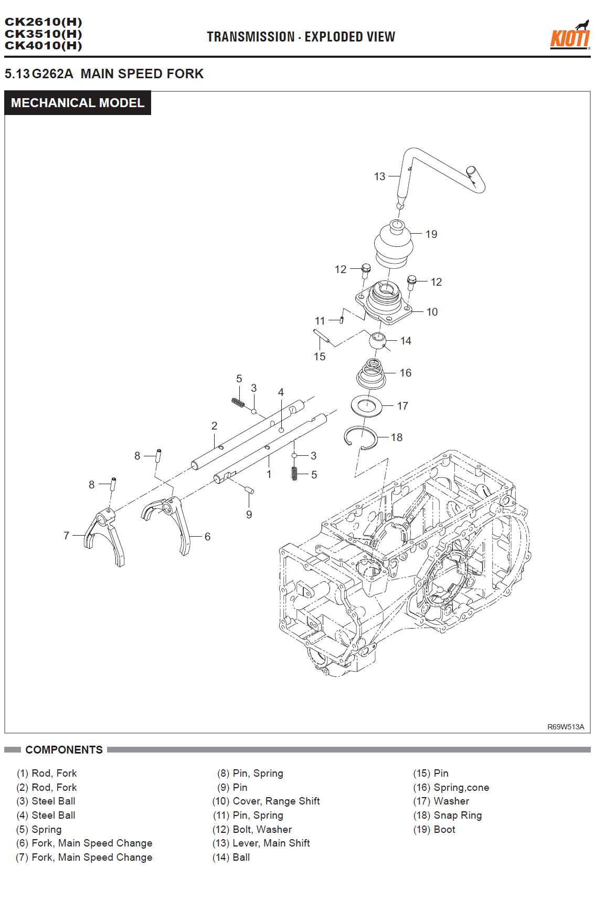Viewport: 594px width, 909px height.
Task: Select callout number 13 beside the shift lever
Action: [379, 176]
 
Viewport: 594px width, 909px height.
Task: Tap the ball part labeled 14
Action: [377, 340]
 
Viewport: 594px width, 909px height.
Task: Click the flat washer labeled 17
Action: [366, 405]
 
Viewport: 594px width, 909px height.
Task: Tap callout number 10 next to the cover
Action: [432, 312]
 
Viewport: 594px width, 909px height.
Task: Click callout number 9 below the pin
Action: [249, 515]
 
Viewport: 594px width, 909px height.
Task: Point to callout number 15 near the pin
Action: [320, 357]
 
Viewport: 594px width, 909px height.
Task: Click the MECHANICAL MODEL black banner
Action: [78, 103]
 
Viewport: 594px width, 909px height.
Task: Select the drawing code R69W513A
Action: [565, 727]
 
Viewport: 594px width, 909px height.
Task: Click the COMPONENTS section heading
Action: [64, 750]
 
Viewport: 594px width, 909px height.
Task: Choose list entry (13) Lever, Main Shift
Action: [261, 843]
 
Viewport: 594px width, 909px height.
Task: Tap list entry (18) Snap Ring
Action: [448, 815]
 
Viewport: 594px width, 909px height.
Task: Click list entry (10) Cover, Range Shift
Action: [266, 801]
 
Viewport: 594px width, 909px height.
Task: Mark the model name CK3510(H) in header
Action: [44, 34]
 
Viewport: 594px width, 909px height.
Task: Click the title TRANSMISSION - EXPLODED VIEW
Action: [301, 37]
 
